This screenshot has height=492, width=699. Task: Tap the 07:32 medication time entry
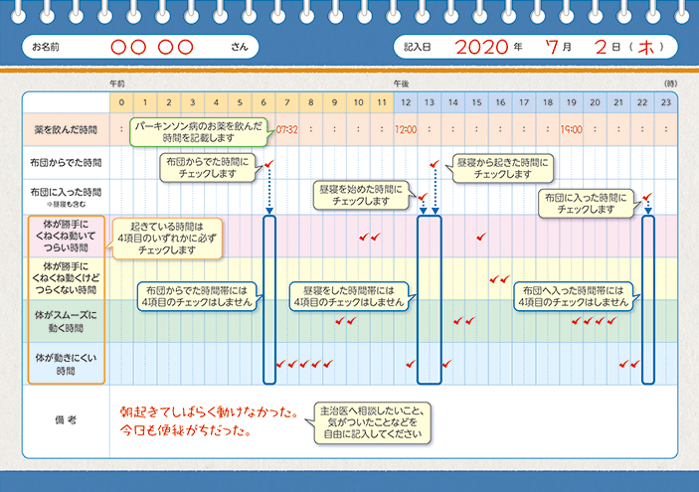click(287, 129)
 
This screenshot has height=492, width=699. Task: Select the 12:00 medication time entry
click(406, 129)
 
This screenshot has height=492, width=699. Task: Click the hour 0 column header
click(121, 103)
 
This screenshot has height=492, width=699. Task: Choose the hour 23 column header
click(666, 103)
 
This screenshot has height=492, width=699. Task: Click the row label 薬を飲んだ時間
click(66, 129)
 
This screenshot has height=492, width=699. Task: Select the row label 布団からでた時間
click(66, 162)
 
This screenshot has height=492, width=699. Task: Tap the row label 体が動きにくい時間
click(66, 363)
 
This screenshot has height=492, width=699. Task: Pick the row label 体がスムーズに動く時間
click(66, 320)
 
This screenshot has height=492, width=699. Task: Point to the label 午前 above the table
click(117, 83)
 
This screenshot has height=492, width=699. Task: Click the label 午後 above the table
click(401, 83)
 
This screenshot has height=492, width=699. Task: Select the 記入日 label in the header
click(419, 47)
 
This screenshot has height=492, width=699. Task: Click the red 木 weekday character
click(648, 47)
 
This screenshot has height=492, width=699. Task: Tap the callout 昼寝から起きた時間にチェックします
click(501, 166)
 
